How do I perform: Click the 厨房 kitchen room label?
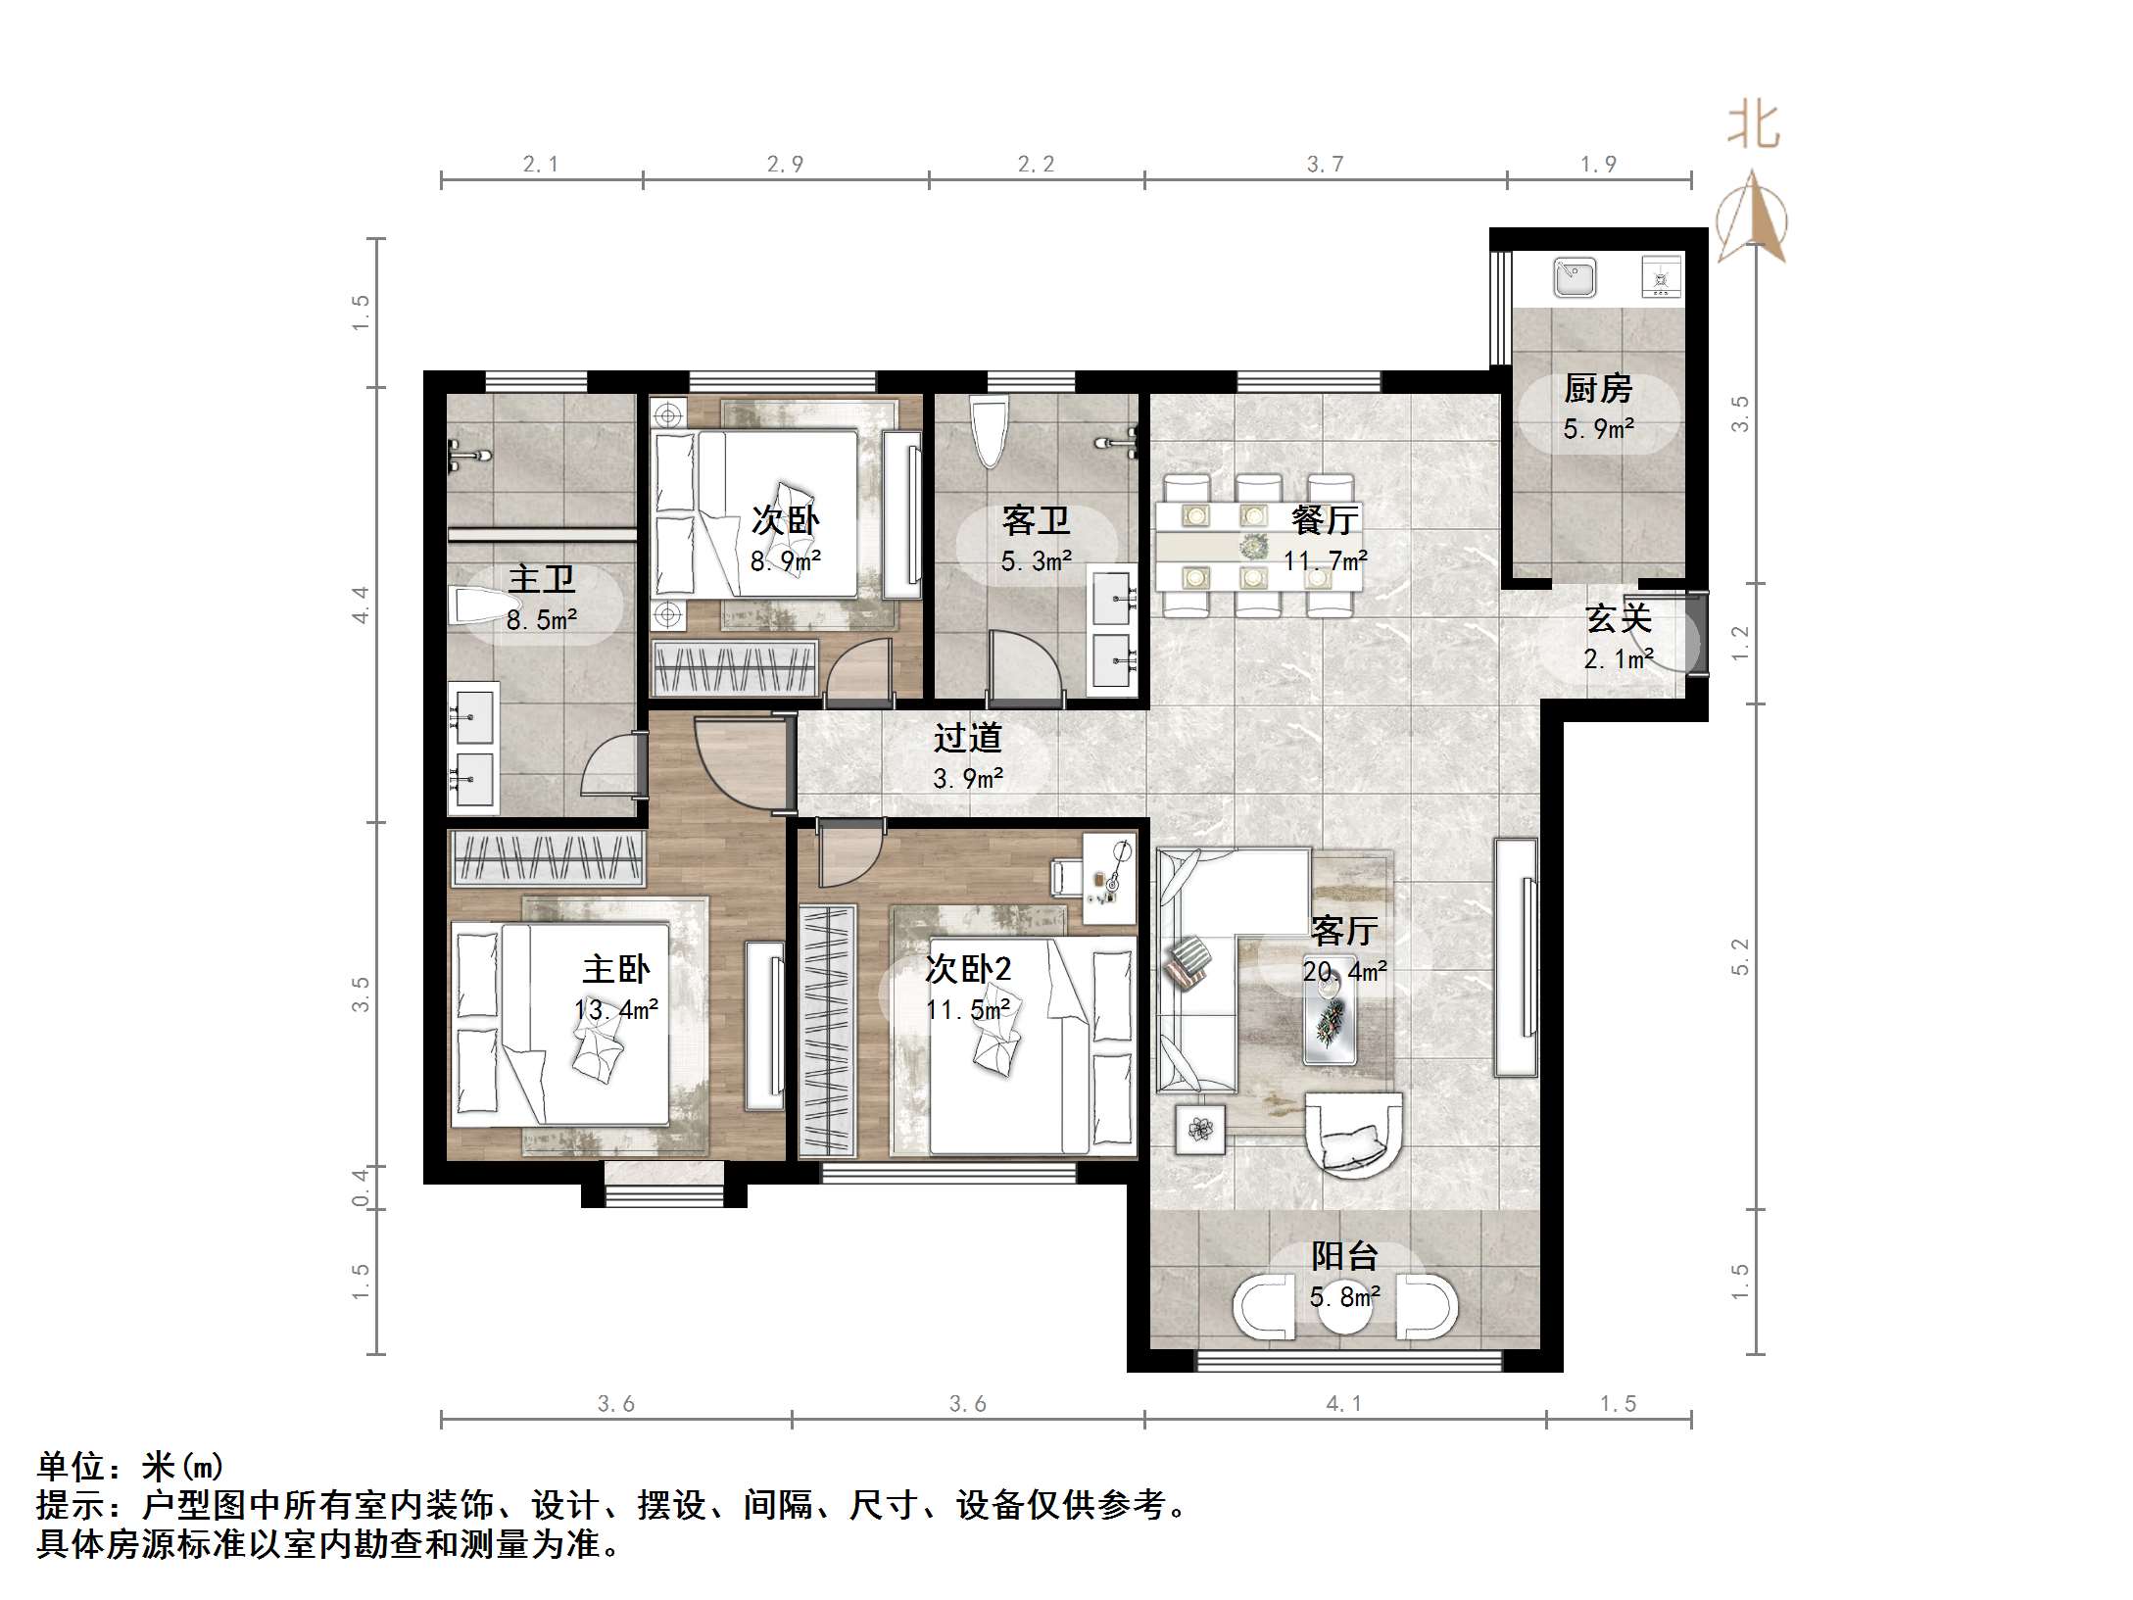1597,389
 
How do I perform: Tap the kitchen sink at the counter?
1575,277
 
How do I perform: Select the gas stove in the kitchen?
1661,277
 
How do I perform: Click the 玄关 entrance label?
1619,618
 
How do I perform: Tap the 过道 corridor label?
967,738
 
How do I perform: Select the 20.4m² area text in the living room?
1344,971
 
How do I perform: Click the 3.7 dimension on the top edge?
1325,165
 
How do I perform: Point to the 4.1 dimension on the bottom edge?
1343,1404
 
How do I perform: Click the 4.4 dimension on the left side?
361,605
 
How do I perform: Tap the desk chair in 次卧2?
1068,877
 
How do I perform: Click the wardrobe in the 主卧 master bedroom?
547,859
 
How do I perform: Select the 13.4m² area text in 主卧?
615,1009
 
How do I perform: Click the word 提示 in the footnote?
71,1504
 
